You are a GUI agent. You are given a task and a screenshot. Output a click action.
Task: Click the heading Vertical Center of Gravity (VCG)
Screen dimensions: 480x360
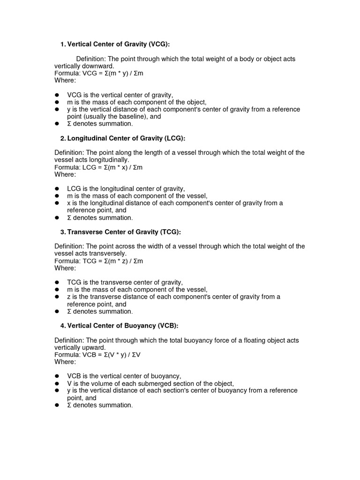click(118, 44)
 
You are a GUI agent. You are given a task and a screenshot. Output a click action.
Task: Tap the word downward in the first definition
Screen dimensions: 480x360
click(99, 66)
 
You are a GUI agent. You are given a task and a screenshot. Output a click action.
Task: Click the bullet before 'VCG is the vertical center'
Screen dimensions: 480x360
click(57, 95)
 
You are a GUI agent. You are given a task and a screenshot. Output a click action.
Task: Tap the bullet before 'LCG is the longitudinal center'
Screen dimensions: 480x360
click(57, 188)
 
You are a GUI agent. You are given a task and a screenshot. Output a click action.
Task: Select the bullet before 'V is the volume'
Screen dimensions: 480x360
click(57, 383)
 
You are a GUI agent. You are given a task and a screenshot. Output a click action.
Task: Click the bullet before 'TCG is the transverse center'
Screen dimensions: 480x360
click(57, 282)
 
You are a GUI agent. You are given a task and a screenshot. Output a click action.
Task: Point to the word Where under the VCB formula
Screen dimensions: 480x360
click(65, 362)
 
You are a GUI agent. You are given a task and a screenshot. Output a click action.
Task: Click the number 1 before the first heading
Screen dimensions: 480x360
click(62, 44)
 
